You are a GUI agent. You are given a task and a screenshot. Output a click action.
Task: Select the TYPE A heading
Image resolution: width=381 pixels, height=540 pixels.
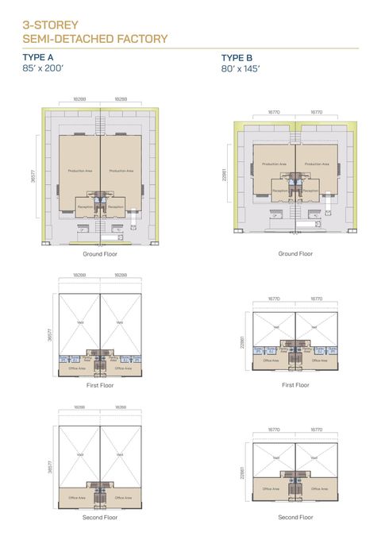coord(40,58)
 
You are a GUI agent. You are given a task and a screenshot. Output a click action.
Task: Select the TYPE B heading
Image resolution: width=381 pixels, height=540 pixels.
coord(237,58)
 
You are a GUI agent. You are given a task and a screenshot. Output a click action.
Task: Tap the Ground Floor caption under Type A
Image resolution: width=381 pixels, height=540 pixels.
coord(99,254)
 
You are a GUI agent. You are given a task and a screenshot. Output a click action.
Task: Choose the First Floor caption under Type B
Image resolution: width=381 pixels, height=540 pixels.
coord(295,384)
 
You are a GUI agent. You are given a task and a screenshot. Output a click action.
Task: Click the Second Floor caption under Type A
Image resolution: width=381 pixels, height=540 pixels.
coord(99,516)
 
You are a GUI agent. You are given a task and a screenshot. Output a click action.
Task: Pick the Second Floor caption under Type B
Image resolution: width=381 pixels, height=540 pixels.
coord(295,517)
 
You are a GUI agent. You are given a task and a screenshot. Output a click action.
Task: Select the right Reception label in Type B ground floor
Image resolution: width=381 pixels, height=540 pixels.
coord(311,191)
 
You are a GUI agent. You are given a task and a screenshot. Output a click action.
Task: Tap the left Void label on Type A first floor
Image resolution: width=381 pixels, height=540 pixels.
coord(79,321)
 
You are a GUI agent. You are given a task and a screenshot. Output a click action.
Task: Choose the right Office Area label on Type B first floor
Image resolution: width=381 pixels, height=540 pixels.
coord(319,361)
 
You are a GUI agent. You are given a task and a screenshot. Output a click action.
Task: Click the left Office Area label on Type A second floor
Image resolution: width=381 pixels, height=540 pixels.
coord(77,498)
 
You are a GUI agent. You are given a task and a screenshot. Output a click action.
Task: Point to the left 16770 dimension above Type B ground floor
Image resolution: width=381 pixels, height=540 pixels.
coord(274,113)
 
